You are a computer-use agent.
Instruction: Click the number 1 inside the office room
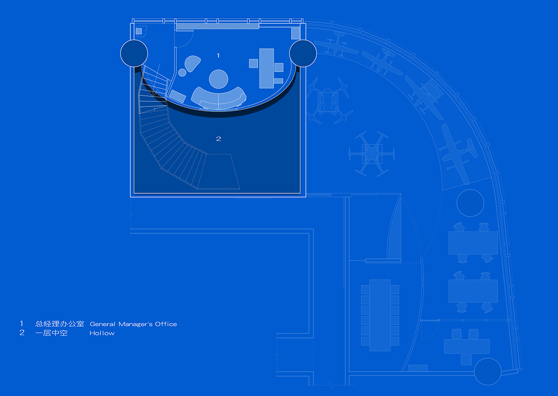218,55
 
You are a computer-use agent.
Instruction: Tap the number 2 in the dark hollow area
219,139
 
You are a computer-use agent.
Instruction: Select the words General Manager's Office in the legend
133,324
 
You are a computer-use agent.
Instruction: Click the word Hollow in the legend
102,333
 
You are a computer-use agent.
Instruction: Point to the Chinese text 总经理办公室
60,324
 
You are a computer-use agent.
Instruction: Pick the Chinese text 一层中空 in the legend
51,333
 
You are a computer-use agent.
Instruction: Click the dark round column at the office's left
134,53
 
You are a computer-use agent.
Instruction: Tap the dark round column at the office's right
303,53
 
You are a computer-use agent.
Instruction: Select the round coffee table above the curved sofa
219,79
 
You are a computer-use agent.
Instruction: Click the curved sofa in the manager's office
219,99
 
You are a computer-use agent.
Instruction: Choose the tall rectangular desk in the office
266,68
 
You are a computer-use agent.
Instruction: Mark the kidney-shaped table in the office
193,63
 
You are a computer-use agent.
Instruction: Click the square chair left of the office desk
253,63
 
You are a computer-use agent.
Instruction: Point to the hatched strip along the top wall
218,26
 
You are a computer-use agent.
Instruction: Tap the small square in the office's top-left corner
139,31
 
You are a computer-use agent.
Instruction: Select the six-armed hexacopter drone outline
372,154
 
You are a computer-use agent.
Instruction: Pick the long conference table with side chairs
380,315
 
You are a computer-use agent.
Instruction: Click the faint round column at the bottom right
487,371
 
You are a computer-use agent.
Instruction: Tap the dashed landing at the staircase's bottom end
219,172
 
